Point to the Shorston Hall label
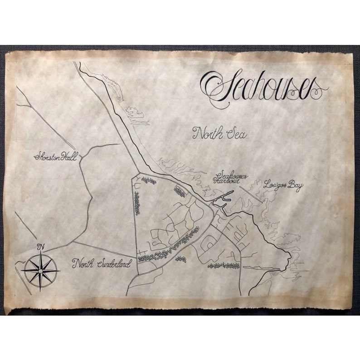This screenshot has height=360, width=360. tap(57, 157)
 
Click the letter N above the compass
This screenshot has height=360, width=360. tap(40, 247)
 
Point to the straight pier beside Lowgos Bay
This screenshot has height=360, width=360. tap(251, 193)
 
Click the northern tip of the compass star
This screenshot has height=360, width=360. tap(40, 254)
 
